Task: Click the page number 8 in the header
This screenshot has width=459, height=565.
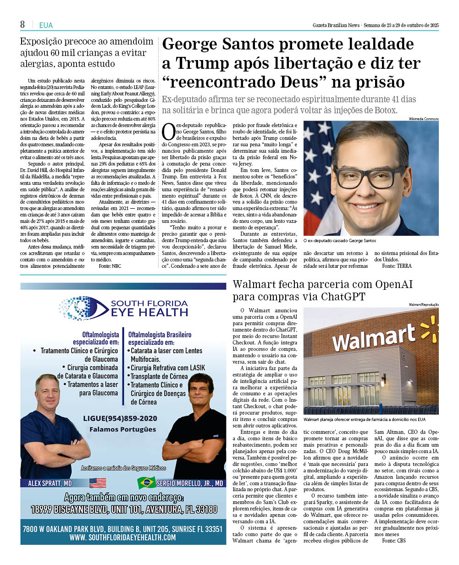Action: [22, 24]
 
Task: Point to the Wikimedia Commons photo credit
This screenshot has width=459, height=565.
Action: [424, 119]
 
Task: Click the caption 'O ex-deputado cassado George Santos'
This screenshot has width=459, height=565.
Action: [339, 241]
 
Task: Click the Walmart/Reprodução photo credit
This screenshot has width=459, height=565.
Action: [424, 305]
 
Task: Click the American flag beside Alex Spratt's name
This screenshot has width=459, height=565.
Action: [98, 483]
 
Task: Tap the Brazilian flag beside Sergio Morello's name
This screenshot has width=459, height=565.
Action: [147, 483]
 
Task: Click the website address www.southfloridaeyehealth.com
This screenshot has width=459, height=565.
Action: [123, 537]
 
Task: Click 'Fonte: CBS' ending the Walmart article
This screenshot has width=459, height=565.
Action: [394, 541]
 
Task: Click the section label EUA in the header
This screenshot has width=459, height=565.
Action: [46, 25]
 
